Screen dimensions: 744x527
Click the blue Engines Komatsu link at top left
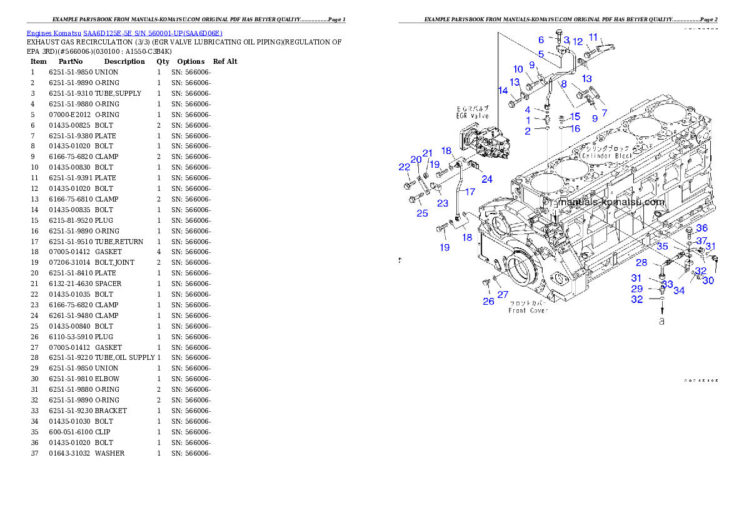[x=124, y=33]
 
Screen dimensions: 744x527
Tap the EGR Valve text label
[x=473, y=116]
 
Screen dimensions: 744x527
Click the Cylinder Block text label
[x=605, y=155]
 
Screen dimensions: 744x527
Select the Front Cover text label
[x=528, y=310]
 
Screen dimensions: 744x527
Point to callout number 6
[x=541, y=40]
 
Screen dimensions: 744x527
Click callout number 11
[x=593, y=37]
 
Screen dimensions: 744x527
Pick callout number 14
[x=503, y=91]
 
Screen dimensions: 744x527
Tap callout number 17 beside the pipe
[x=470, y=192]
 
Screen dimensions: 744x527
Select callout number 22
[x=405, y=166]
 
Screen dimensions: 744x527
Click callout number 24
[x=487, y=179]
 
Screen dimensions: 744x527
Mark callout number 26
[x=488, y=301]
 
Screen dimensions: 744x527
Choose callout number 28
[x=641, y=263]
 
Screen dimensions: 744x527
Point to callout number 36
[x=702, y=228]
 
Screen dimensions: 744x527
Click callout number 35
[x=662, y=246]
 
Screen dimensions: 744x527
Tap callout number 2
[x=528, y=131]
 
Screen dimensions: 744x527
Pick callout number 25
[x=423, y=213]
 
